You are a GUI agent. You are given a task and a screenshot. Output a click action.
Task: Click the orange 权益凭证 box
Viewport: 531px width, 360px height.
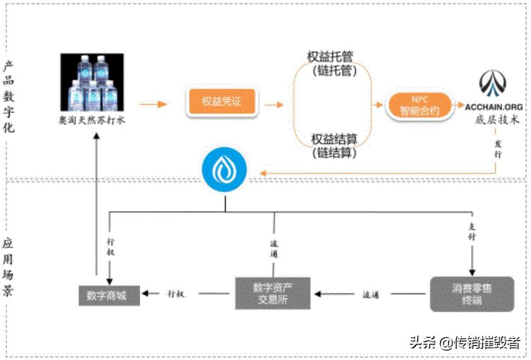coord(222,102)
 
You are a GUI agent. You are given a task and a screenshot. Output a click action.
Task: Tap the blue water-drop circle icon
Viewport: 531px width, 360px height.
coord(224,170)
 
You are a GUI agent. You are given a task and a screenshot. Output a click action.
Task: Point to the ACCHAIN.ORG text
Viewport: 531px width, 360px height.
coord(494,107)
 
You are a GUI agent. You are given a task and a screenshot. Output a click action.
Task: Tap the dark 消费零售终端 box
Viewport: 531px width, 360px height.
coord(472,293)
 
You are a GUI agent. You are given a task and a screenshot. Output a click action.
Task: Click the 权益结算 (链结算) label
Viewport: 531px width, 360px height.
coord(334,145)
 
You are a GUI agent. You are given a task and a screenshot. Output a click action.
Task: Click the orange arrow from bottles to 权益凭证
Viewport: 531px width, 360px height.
coord(153,103)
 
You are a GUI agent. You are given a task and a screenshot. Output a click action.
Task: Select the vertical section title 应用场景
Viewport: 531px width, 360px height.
coord(9,267)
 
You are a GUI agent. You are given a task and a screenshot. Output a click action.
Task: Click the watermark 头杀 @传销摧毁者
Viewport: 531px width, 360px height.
coord(464,342)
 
